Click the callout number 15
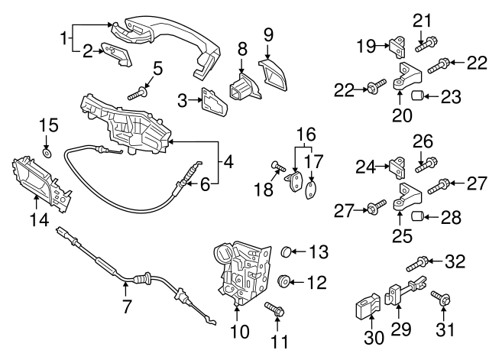click(48, 125)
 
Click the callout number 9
click(268, 34)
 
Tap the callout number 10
click(239, 332)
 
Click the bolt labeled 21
click(424, 44)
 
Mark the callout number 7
click(127, 308)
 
